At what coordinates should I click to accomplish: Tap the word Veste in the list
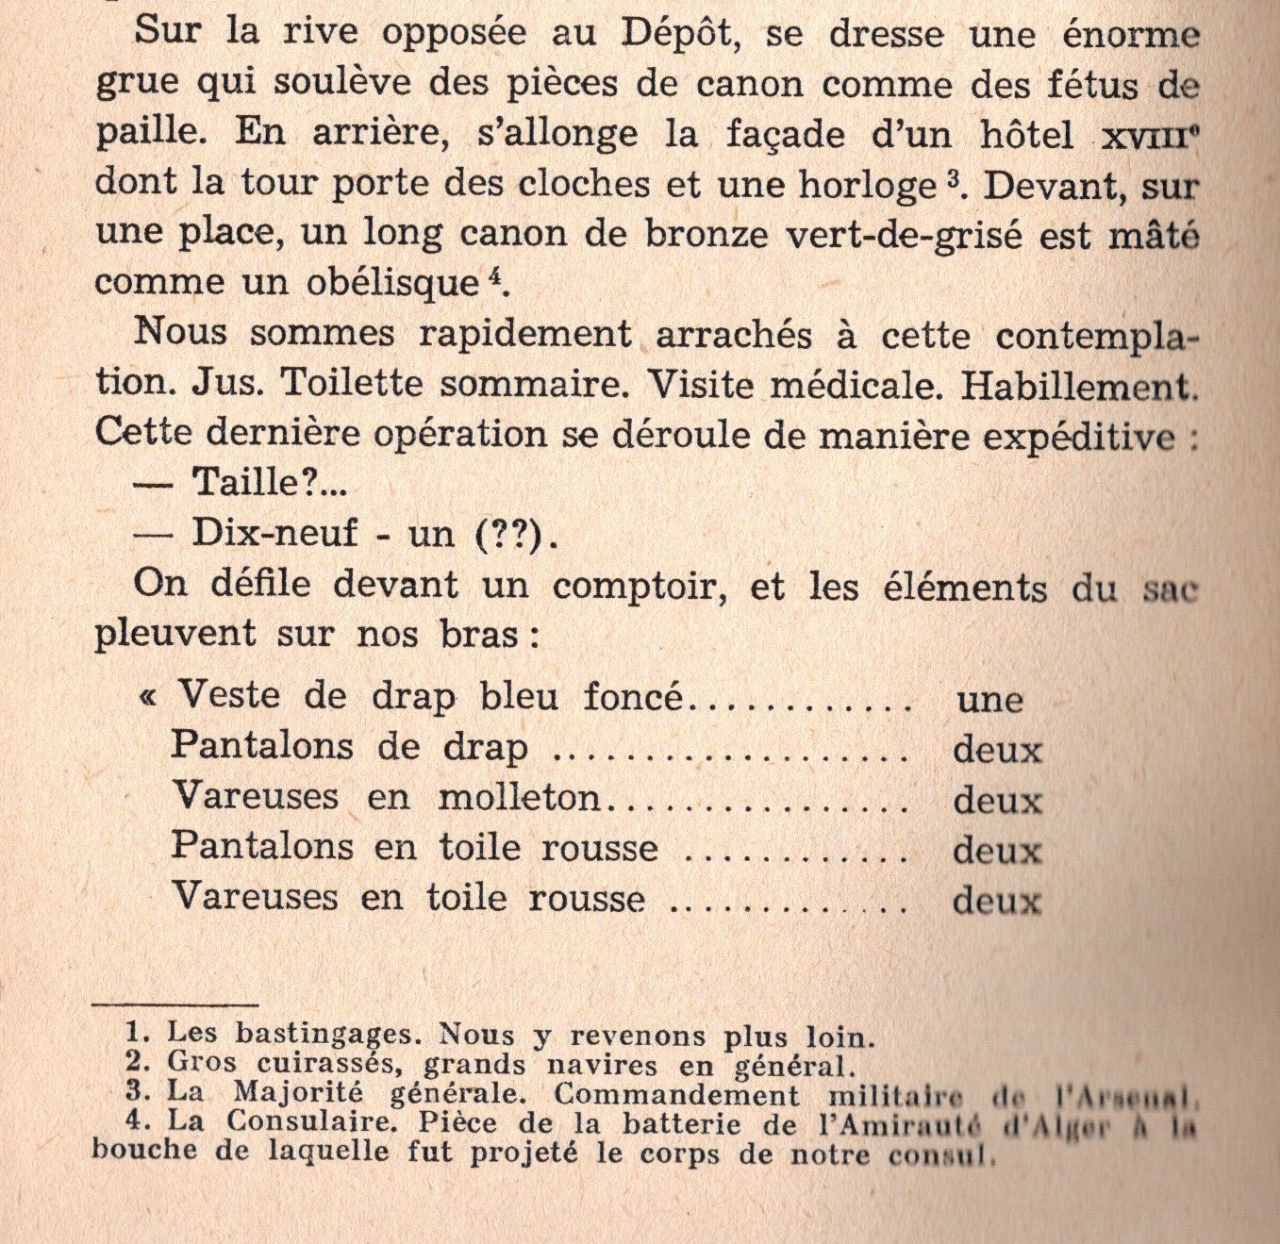(229, 696)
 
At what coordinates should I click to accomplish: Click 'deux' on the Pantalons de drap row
(997, 751)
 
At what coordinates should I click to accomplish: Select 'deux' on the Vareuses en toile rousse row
(997, 901)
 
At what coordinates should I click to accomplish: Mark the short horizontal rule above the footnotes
(175, 1005)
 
